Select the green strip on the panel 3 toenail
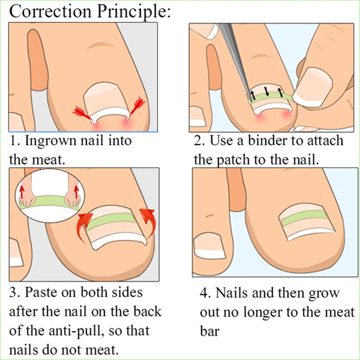pos(112,221)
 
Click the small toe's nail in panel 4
pos(208,248)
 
